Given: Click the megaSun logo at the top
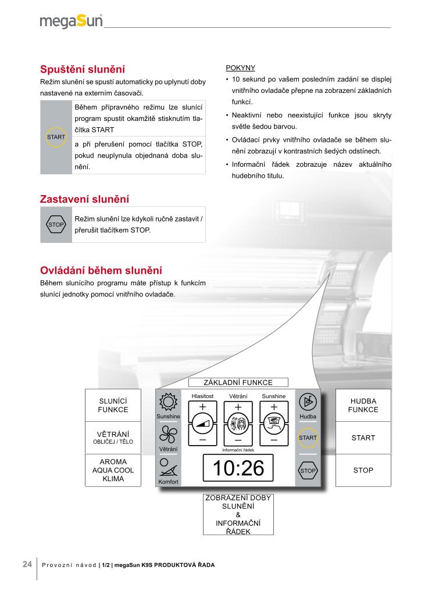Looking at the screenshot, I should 71,21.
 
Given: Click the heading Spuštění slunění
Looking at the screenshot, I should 82,69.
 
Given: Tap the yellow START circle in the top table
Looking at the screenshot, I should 56,137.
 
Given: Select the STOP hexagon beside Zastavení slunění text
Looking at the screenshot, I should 56,224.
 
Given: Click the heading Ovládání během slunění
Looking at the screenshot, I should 101,271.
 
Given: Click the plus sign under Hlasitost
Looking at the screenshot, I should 202,406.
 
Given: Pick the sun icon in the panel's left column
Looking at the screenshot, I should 167,402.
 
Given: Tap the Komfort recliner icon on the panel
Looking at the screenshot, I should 167,468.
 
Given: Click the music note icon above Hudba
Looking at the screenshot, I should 308,402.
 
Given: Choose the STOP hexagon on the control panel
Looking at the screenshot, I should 308,470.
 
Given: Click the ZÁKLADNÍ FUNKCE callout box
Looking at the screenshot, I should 238,382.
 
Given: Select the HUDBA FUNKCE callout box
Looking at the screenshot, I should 363,405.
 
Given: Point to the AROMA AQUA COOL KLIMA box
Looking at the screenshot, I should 113,470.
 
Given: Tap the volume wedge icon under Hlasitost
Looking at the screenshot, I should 202,424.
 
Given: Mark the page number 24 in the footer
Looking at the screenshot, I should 27,564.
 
